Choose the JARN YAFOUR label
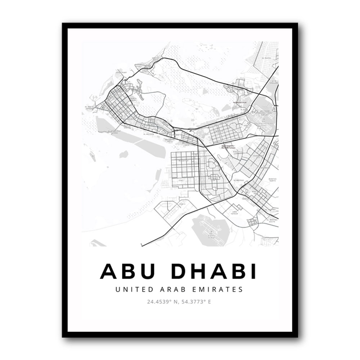point(236,213)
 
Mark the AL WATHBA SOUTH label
point(273,220)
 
